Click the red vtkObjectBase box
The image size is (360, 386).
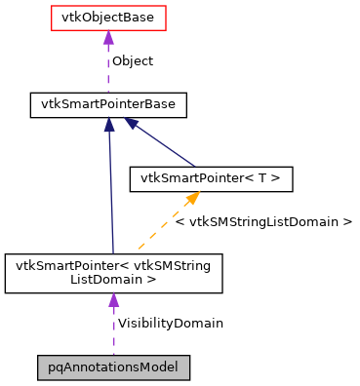[107, 18]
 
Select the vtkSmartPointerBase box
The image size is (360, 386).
[108, 103]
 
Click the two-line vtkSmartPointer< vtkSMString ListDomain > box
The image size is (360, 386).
[113, 272]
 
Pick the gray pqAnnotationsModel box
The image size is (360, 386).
[113, 367]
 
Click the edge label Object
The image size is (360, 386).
[132, 60]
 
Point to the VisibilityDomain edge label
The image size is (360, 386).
[170, 323]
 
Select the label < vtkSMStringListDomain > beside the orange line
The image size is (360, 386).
[263, 222]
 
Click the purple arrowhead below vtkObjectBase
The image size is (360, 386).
[108, 38]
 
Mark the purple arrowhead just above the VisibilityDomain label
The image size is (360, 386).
[113, 300]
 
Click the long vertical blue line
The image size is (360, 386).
[111, 195]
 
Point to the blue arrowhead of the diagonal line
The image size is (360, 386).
[130, 124]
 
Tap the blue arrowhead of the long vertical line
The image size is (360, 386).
[109, 125]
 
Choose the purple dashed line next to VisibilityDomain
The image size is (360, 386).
[113, 333]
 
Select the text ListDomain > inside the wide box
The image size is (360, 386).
[113, 280]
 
